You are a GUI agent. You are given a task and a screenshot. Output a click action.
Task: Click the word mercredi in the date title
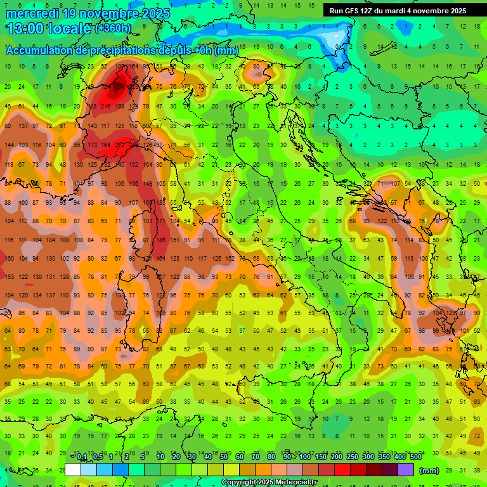(34, 13)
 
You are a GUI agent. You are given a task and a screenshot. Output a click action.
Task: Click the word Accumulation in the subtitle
(39, 51)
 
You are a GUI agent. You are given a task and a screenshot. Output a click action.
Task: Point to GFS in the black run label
(358, 11)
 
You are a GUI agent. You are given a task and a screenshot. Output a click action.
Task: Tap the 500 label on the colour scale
(415, 457)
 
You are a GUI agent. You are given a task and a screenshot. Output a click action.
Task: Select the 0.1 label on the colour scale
(82, 457)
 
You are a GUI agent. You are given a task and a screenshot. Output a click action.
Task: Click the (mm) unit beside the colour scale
(429, 471)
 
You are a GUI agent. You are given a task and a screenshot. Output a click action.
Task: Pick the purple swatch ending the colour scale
(406, 470)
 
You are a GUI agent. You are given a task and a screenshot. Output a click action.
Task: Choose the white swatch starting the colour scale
(73, 470)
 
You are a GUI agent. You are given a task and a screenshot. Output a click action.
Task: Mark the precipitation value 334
(120, 86)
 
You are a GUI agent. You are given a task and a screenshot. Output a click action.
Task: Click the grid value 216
(105, 106)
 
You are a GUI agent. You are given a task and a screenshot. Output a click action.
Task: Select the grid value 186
(162, 240)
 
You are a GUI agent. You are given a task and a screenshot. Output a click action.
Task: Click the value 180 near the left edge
(9, 259)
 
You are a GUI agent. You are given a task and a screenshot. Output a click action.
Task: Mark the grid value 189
(120, 106)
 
